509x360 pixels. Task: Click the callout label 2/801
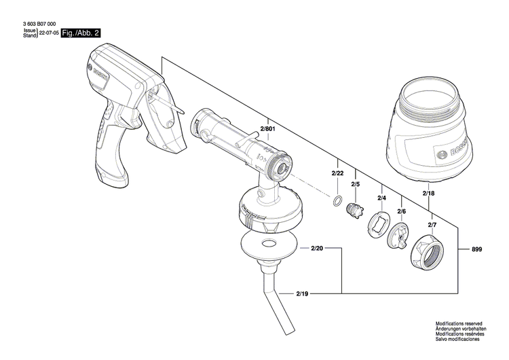tap(268, 128)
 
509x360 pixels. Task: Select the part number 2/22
tap(337, 174)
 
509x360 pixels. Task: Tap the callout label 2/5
tap(355, 185)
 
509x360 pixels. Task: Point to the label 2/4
tap(381, 198)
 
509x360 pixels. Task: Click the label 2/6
tap(401, 211)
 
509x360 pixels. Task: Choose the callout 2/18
tap(428, 194)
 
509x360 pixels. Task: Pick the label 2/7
tap(432, 224)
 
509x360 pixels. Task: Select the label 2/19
tap(303, 293)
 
